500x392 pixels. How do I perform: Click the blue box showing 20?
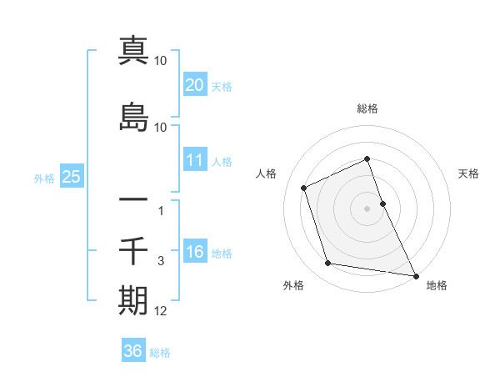[x=194, y=85]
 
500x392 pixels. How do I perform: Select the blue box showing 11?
[x=194, y=160]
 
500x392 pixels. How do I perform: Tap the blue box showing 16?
[x=194, y=252]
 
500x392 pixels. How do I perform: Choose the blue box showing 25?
[x=71, y=177]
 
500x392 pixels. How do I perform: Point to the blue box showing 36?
[x=132, y=351]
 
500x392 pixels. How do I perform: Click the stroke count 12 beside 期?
[x=161, y=311]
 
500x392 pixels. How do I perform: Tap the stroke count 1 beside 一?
[x=161, y=211]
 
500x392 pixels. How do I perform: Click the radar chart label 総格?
[x=367, y=108]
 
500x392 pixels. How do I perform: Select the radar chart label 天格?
[x=468, y=173]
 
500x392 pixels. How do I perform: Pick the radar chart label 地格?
[x=437, y=285]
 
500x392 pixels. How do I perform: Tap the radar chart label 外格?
[x=293, y=285]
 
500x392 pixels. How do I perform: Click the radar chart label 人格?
[x=266, y=173]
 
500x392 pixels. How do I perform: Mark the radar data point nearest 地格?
[x=416, y=275]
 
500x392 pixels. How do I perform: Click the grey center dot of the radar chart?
[x=367, y=208]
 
